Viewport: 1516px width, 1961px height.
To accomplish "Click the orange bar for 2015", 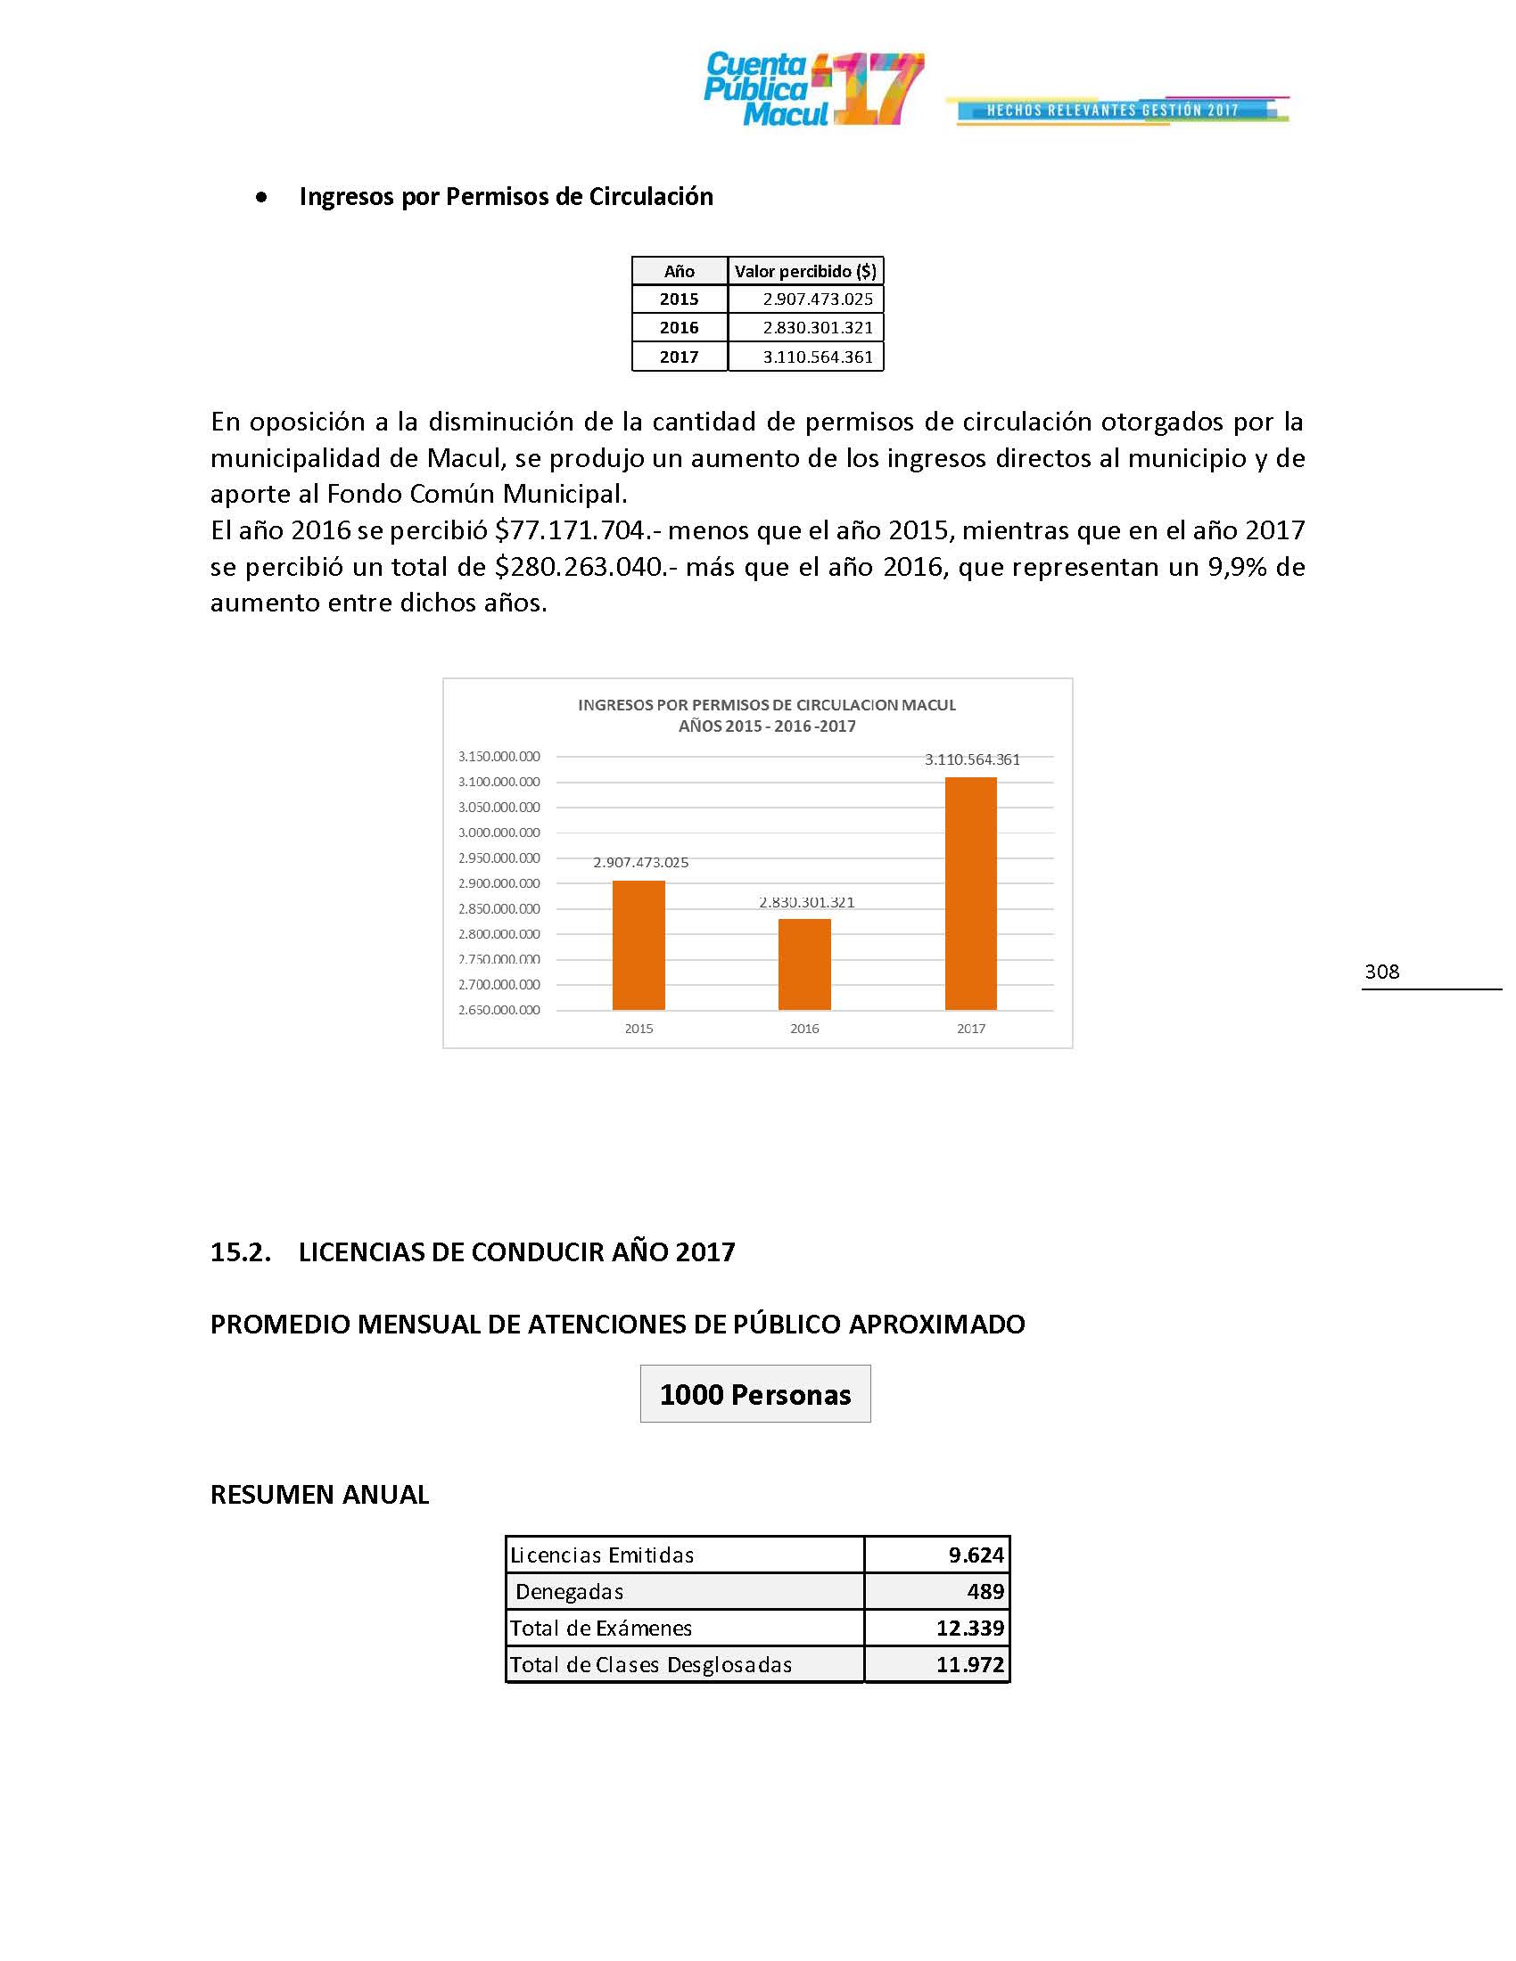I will (x=639, y=945).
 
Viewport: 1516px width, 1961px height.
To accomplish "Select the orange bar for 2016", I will (x=803, y=964).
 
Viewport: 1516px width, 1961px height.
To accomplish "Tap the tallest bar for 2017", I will (x=971, y=893).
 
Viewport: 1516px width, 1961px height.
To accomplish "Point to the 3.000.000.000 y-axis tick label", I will (x=499, y=833).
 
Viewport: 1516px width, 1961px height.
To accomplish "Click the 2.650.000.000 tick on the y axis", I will (x=499, y=1010).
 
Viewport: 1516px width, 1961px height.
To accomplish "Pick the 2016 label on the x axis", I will (x=803, y=1029).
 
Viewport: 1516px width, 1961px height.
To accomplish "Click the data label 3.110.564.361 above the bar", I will (x=972, y=759).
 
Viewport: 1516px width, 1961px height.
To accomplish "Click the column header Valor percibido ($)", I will (x=804, y=271).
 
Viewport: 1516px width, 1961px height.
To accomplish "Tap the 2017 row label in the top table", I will (x=679, y=357).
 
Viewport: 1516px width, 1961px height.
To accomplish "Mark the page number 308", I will (x=1381, y=972).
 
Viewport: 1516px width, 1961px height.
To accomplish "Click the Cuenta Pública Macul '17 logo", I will (x=812, y=89).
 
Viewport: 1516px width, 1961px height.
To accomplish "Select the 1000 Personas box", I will (x=755, y=1394).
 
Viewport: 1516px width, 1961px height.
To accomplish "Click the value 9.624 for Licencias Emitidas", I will (x=976, y=1555).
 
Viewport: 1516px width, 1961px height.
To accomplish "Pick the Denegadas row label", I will (x=570, y=1592).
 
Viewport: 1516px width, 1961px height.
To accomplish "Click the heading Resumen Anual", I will (x=320, y=1495).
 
